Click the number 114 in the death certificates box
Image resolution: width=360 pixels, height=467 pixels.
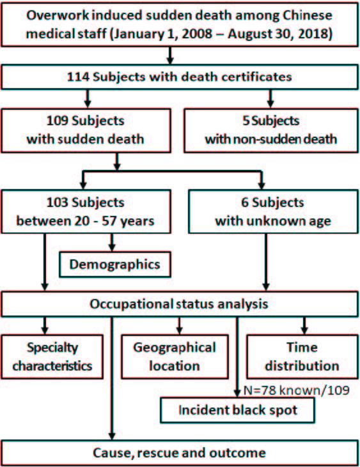[x=78, y=77]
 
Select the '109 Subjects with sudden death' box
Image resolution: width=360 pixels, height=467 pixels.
[x=86, y=131]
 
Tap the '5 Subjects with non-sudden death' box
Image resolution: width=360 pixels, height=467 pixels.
[x=271, y=131]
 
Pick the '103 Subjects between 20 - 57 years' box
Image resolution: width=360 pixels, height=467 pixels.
[x=86, y=211]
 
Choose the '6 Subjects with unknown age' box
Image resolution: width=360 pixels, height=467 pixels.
[x=273, y=211]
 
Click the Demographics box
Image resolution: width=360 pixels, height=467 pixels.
[x=115, y=264]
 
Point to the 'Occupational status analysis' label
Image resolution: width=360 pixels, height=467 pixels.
[x=179, y=304]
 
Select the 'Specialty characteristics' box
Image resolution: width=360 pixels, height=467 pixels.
[x=52, y=357]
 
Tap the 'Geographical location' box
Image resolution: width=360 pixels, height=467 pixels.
[x=175, y=357]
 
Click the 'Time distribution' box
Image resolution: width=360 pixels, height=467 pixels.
[x=302, y=357]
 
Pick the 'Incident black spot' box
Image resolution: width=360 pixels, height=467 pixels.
[x=237, y=410]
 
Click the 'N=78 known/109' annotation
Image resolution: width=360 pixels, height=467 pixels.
[x=297, y=390]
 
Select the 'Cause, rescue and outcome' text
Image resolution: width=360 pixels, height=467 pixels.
[x=180, y=453]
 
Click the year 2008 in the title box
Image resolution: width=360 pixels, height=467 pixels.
[x=197, y=34]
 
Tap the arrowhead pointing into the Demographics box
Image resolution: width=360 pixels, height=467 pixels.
[x=112, y=248]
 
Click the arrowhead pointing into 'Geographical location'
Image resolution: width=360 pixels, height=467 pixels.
[x=179, y=331]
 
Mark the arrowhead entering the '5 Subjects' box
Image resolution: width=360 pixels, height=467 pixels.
[x=270, y=104]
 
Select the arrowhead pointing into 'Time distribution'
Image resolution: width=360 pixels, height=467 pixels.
[x=304, y=331]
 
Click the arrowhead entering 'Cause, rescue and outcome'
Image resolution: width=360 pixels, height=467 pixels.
[x=112, y=436]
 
